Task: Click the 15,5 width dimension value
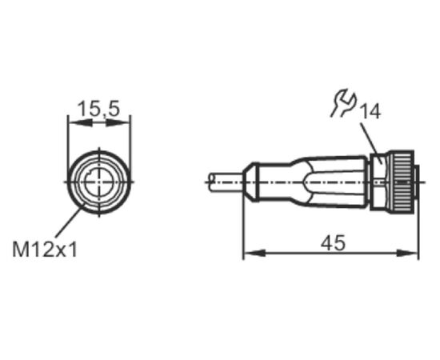point(98,109)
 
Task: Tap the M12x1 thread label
point(45,250)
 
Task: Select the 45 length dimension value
point(333,243)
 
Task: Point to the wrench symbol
point(343,102)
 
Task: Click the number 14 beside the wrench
point(370,112)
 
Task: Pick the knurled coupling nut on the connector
point(400,182)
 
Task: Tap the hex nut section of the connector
point(378,182)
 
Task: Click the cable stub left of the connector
point(226,182)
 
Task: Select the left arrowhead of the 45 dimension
point(254,253)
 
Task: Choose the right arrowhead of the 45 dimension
point(407,253)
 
